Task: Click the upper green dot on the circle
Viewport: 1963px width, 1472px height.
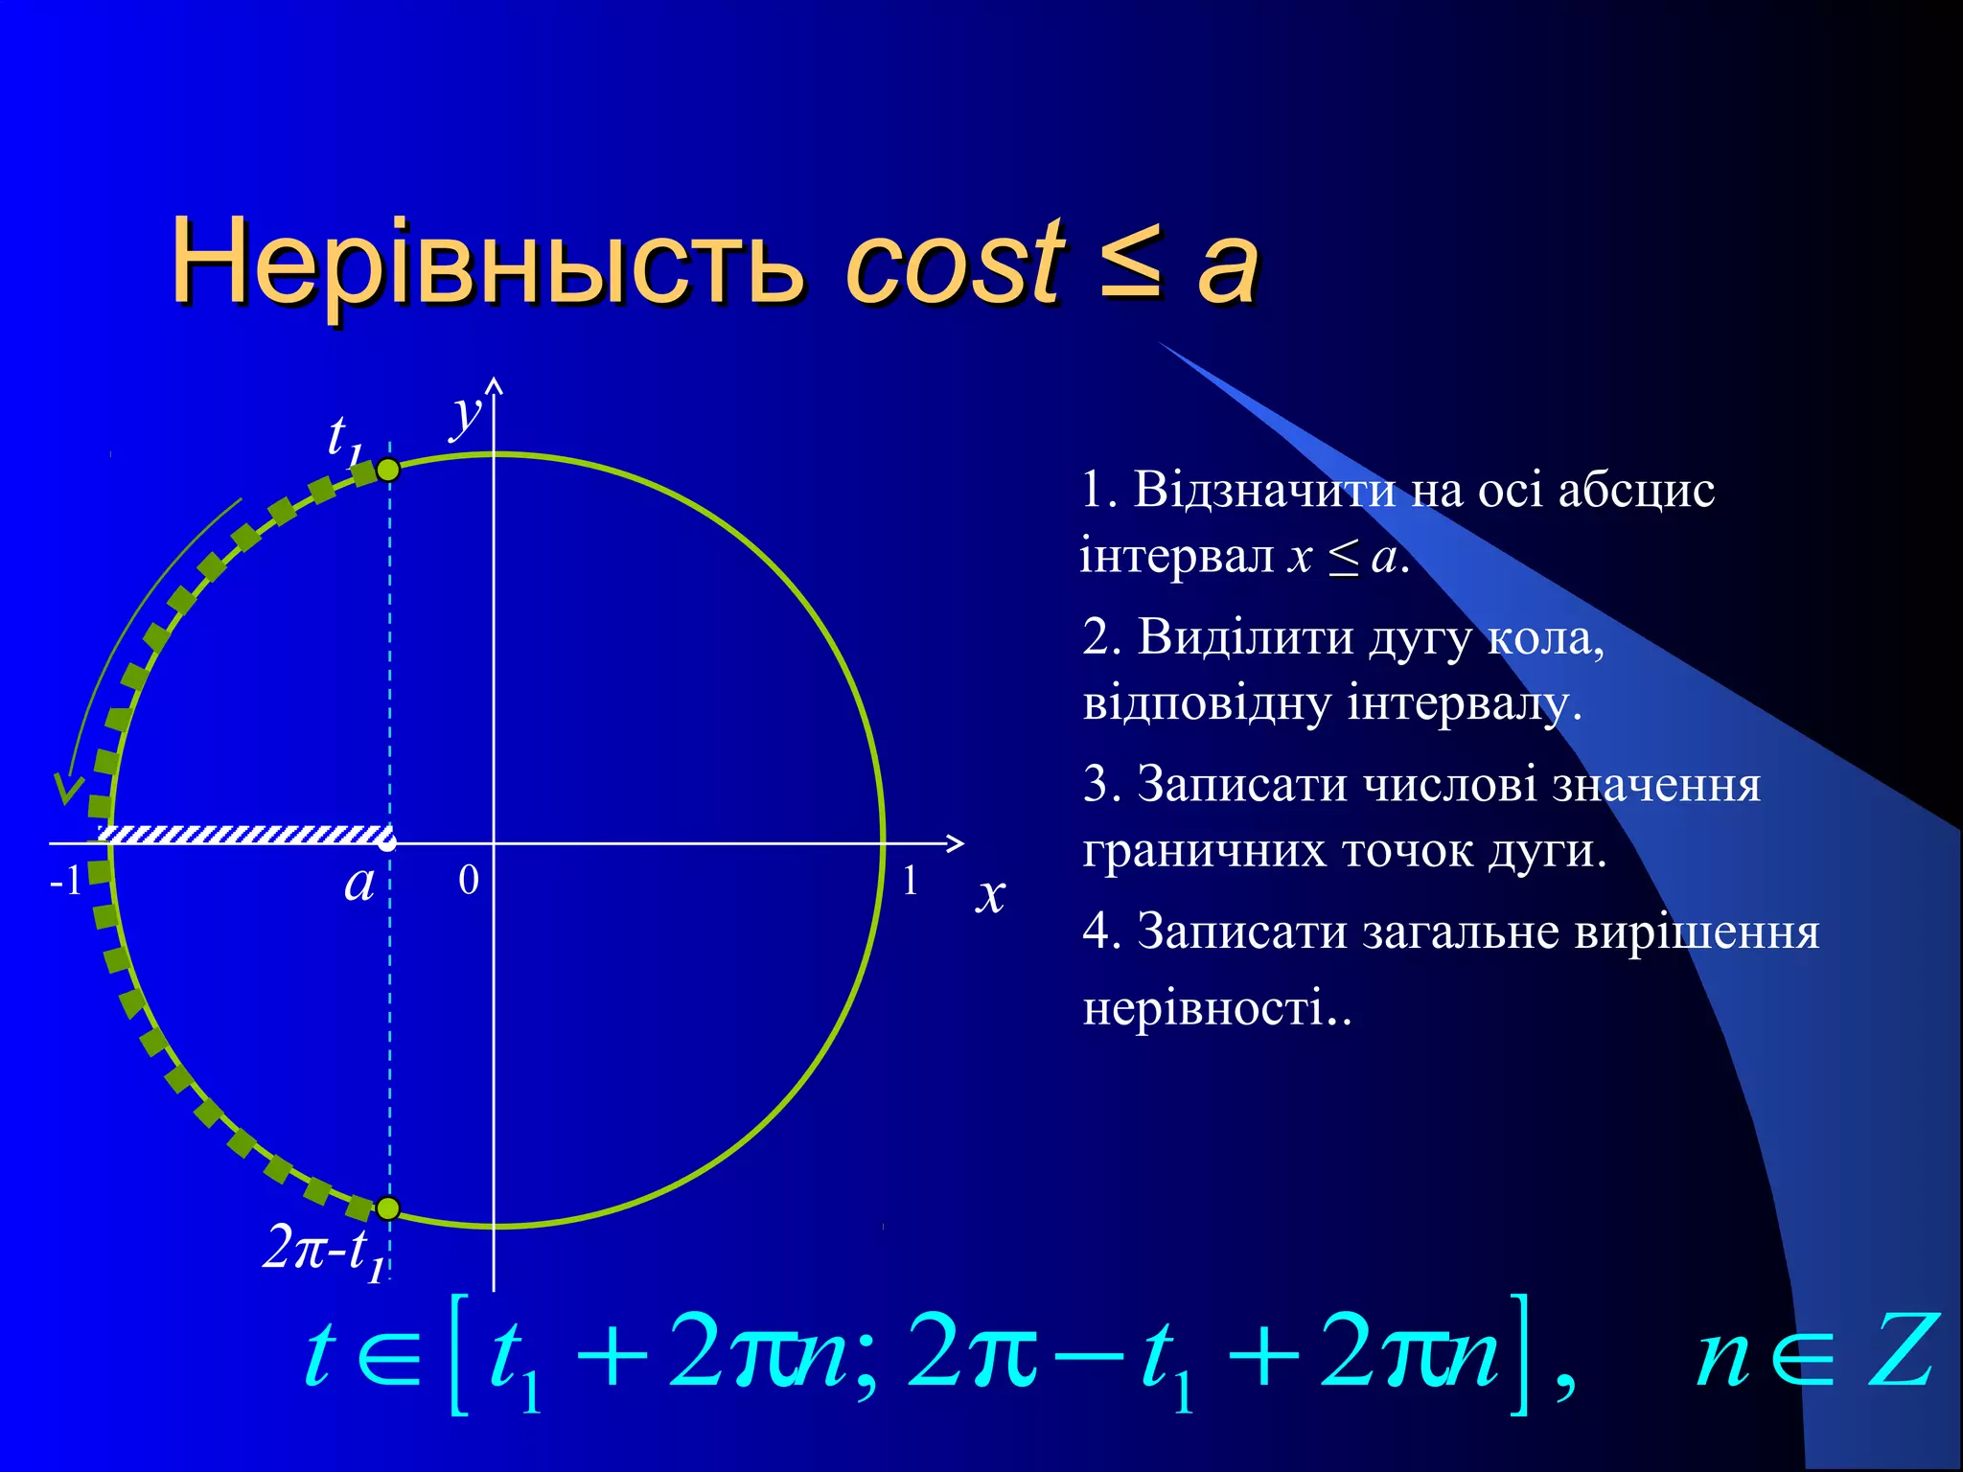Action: pos(388,470)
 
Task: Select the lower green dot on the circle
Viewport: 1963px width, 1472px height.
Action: pos(388,1208)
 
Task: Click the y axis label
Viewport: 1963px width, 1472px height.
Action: pos(467,414)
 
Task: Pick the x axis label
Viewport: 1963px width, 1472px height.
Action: pos(991,895)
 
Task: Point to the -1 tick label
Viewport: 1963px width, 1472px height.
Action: pos(65,880)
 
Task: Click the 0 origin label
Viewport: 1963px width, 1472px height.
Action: pos(468,880)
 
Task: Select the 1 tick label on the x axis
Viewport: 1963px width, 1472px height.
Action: pos(910,880)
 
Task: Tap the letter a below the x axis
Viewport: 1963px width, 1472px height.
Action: pos(359,883)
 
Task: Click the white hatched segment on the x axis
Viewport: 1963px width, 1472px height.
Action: pos(244,834)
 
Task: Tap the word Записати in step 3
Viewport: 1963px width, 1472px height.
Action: pos(1241,784)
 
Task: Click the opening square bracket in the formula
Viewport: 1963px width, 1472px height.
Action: pos(459,1353)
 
